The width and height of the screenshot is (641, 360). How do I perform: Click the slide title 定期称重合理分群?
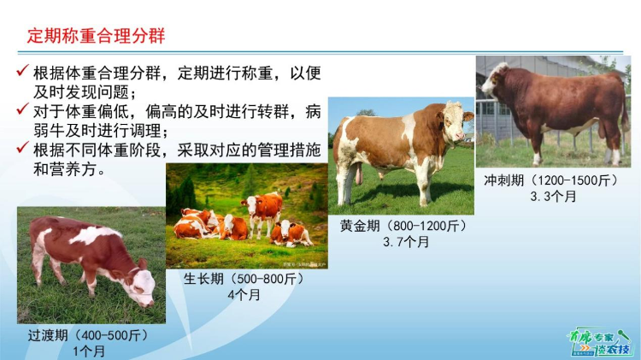[x=96, y=36]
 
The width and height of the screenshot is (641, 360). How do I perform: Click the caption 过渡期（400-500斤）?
[x=88, y=335]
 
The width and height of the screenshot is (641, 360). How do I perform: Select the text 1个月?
[x=88, y=351]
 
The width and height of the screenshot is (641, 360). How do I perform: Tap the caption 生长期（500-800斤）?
[x=244, y=280]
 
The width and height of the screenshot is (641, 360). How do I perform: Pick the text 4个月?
[x=244, y=295]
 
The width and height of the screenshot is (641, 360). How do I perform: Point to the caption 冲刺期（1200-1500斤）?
[x=553, y=180]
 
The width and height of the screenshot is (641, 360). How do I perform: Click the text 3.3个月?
[x=553, y=197]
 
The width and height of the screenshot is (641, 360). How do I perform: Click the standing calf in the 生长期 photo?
[x=264, y=210]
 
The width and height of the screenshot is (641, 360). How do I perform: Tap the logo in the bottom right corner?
[x=599, y=341]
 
